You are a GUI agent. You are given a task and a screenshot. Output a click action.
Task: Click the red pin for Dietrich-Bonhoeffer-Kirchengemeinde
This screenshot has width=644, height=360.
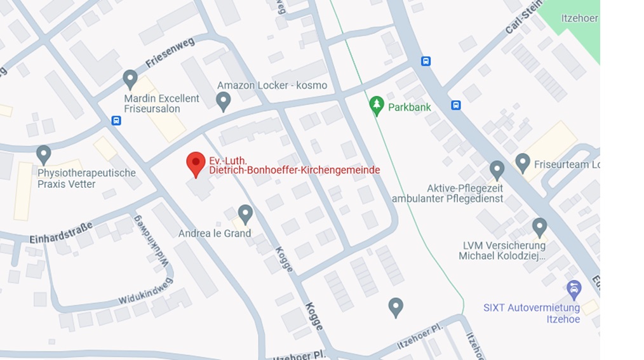coord(196,164)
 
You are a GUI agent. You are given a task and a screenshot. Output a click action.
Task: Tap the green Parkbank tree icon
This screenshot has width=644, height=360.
coord(377,106)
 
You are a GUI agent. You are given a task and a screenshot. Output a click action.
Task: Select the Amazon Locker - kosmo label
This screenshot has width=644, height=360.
coord(272,85)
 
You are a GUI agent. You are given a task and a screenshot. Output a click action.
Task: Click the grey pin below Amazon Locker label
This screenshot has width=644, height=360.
coord(223,100)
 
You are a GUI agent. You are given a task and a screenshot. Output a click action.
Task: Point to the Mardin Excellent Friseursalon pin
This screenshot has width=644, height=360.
coord(130,79)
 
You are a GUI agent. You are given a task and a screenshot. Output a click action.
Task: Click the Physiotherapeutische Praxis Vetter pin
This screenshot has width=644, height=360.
coord(43,154)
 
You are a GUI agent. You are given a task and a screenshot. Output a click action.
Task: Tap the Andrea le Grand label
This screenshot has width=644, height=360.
coord(215,233)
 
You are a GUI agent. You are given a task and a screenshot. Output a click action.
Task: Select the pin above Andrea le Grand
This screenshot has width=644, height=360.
coord(245,213)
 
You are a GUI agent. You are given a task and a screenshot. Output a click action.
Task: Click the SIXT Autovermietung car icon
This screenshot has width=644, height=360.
coord(574,290)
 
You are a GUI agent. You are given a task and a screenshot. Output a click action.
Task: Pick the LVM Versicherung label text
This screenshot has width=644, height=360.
coord(504,251)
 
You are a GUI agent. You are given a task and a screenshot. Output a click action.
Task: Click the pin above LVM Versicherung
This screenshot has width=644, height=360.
coord(539,227)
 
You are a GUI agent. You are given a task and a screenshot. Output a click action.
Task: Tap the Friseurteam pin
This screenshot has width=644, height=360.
coord(523,163)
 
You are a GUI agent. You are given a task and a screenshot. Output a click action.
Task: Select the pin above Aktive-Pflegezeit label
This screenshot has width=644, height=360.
coord(497,170)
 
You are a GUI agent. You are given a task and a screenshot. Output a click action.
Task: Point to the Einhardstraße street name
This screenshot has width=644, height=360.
coord(61,232)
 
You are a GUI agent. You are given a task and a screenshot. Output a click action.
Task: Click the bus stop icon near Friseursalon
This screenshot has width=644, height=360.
coord(116,120)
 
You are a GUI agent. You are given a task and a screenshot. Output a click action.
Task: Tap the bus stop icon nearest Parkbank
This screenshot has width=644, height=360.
coord(426,61)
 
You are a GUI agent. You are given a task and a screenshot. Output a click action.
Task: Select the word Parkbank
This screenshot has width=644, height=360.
coord(410,107)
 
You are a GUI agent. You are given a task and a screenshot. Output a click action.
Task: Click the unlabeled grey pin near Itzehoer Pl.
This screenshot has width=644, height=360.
coord(396,307)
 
